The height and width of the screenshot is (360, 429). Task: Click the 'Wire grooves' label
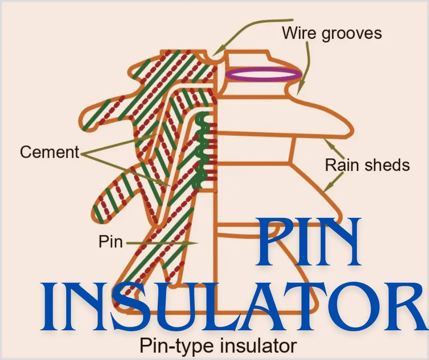[x=331, y=33]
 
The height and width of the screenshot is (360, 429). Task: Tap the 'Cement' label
[x=49, y=152]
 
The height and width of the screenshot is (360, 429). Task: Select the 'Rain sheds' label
[x=367, y=164]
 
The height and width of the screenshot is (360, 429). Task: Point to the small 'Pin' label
[x=111, y=241]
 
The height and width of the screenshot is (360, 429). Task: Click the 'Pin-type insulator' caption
[x=218, y=345]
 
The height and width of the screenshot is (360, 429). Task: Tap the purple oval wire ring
[x=264, y=74]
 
